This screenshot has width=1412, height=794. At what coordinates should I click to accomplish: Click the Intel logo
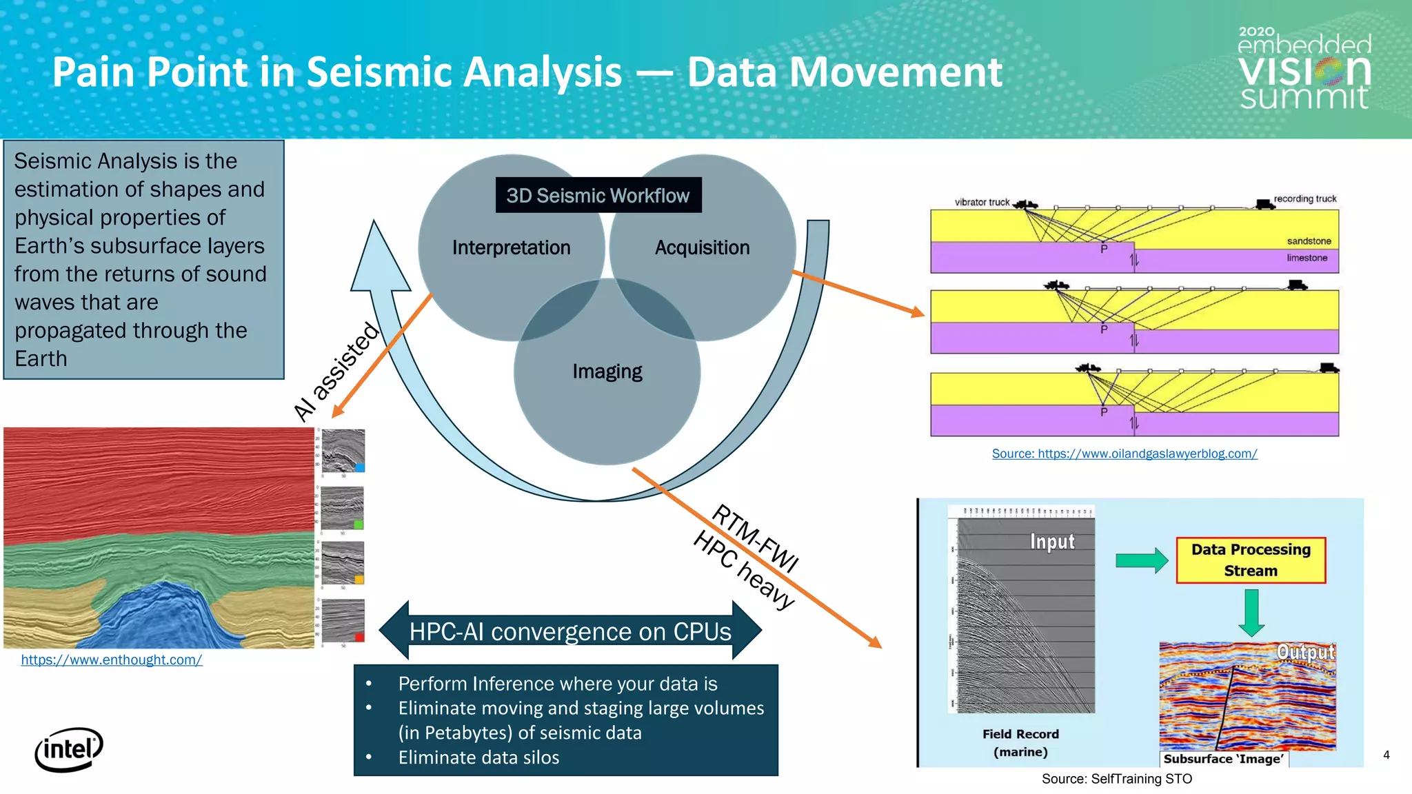tap(68, 749)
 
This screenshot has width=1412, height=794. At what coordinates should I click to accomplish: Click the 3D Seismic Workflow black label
tap(598, 196)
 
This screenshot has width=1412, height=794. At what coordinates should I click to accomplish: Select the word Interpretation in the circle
tap(511, 247)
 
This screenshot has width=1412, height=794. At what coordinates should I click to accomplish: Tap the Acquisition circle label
tap(702, 247)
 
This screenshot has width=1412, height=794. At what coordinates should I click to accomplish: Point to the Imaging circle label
tap(607, 371)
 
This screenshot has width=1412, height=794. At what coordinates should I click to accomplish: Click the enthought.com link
tap(111, 660)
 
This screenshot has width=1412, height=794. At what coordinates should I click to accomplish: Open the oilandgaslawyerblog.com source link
tap(1124, 454)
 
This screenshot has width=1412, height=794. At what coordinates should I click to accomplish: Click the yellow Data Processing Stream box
tap(1250, 560)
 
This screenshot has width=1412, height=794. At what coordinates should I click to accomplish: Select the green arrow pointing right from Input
tap(1141, 560)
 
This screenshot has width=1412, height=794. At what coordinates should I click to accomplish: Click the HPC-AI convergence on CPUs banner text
tap(570, 631)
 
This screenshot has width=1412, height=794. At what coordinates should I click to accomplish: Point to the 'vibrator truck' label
tap(981, 202)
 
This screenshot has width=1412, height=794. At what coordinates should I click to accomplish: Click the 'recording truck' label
tap(1304, 198)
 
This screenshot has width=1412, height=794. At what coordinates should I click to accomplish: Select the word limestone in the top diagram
tap(1307, 258)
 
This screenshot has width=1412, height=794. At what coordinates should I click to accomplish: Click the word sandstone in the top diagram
tap(1309, 241)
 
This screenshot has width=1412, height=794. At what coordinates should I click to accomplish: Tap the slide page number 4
tap(1386, 755)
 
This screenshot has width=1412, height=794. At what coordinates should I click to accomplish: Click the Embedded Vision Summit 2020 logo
tap(1304, 70)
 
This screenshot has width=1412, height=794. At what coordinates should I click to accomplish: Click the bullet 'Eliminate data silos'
tap(478, 757)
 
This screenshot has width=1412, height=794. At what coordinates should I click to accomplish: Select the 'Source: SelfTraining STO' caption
tap(1116, 779)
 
